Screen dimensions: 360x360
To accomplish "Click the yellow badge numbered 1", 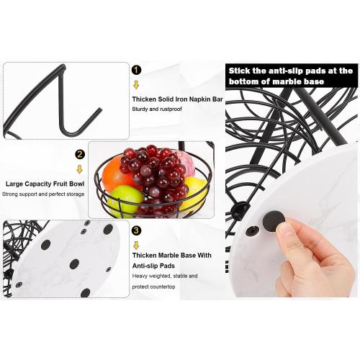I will pyautogui.click(x=136, y=70).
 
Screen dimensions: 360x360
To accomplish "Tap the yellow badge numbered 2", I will pyautogui.click(x=80, y=153).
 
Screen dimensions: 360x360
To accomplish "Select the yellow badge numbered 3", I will pyautogui.click(x=136, y=232).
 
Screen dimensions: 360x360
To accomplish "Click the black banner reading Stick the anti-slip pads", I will pyautogui.click(x=291, y=76).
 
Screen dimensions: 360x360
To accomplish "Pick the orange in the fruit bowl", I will pyautogui.click(x=114, y=173).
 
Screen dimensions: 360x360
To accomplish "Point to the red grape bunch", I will pyautogui.click(x=155, y=176).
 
